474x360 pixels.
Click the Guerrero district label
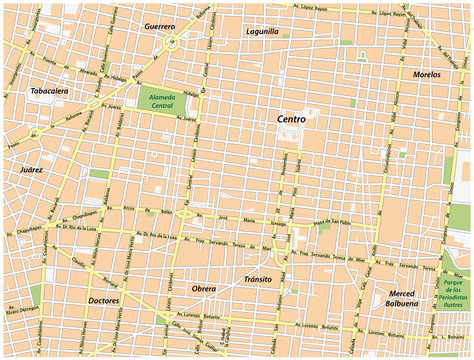[159, 25]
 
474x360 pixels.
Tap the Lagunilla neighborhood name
[262, 31]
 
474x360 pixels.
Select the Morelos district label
[427, 75]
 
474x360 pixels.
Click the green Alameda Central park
[161, 101]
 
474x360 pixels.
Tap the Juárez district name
[31, 171]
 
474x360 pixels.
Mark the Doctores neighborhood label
[103, 300]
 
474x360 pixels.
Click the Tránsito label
[258, 279]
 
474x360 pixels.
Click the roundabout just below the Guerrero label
[172, 42]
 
